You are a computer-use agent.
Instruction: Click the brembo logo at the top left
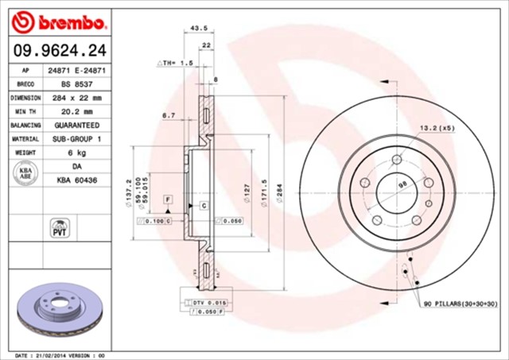(55, 19)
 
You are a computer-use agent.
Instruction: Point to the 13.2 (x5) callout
(437, 128)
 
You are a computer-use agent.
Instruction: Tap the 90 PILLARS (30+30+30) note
(460, 304)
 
